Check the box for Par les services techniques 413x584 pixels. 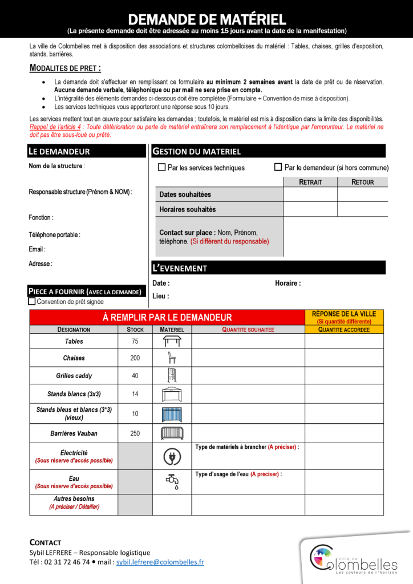tap(161, 168)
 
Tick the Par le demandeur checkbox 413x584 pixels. tap(278, 167)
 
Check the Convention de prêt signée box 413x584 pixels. tap(32, 301)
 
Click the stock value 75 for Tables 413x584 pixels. tap(135, 342)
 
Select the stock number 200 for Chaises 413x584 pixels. tap(135, 358)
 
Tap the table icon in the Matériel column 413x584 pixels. tap(172, 341)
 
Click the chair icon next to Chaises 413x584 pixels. tap(172, 358)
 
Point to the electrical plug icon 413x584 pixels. tap(172, 456)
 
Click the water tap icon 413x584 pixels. tap(172, 482)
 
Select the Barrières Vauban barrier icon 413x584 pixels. tap(172, 433)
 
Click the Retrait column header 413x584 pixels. tap(310, 182)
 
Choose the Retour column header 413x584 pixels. tap(363, 182)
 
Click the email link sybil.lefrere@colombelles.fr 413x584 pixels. tap(160, 562)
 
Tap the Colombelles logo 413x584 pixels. tap(354, 558)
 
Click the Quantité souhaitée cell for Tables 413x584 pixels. tap(248, 342)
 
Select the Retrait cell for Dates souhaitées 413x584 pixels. tap(310, 194)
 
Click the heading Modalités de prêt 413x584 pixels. tap(65, 69)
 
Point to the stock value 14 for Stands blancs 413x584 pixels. tap(135, 394)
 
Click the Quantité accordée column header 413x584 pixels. tap(344, 330)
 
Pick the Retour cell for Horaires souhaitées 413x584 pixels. tap(363, 209)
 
